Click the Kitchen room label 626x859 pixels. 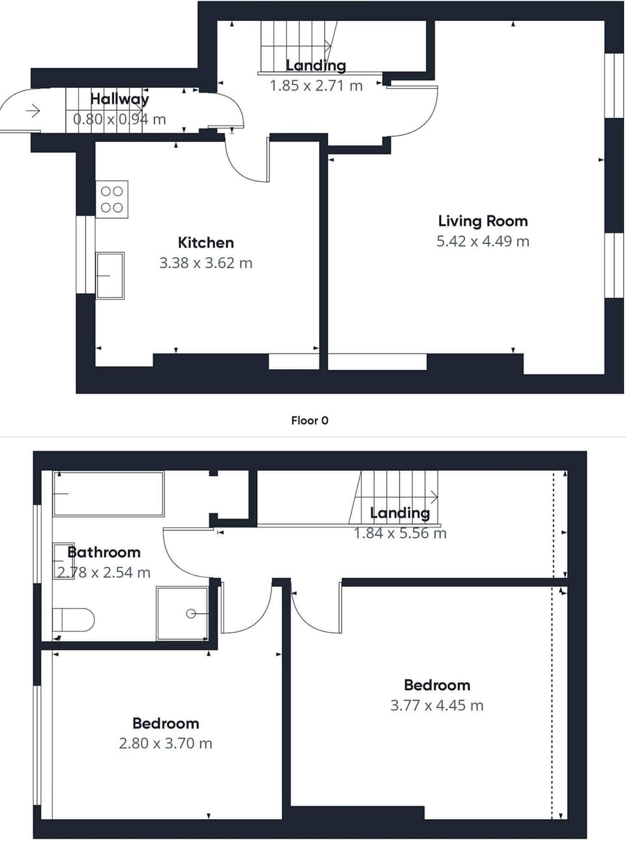tap(205, 243)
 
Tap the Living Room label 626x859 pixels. tap(483, 221)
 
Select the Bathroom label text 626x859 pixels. tap(104, 552)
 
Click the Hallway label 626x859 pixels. tap(119, 99)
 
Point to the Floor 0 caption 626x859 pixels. tap(310, 421)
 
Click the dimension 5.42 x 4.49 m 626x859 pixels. tap(483, 241)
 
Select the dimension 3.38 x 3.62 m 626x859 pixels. tap(205, 263)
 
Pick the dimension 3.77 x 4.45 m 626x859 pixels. tap(437, 705)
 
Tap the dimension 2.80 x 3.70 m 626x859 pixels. tap(166, 744)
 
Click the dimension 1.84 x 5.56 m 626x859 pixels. tap(400, 534)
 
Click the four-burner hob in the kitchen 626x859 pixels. tap(112, 200)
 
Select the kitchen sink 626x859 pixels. tap(110, 275)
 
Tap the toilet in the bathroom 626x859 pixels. tap(73, 619)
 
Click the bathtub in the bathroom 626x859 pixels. tap(108, 494)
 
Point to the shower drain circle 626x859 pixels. tap(191, 614)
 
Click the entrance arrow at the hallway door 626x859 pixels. tap(33, 112)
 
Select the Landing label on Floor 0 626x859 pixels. tap(316, 65)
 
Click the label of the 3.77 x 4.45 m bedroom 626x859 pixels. tap(437, 685)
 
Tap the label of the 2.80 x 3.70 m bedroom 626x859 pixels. tap(166, 723)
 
